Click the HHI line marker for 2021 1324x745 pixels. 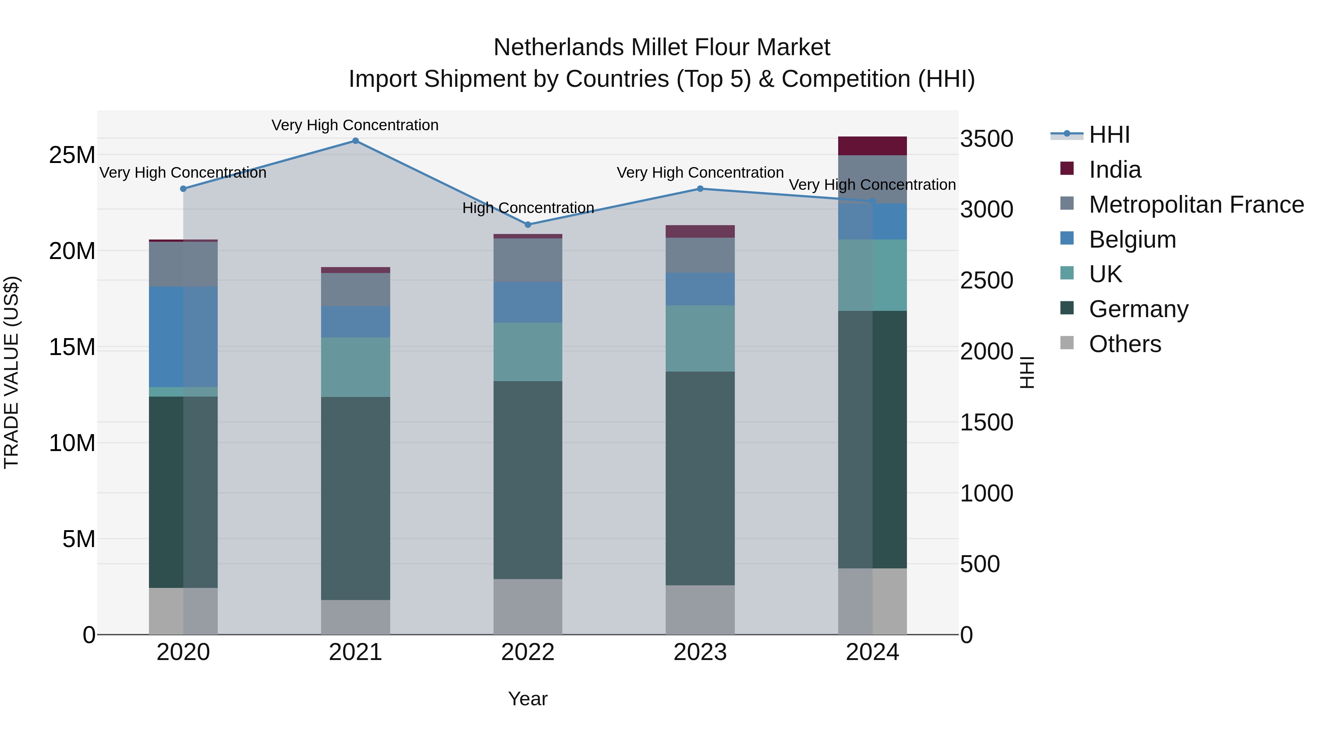click(355, 141)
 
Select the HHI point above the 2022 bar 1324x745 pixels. click(528, 225)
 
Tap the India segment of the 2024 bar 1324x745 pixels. click(872, 146)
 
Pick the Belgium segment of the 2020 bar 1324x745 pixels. click(183, 337)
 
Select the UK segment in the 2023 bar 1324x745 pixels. click(700, 338)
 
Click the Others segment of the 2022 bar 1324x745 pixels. click(528, 607)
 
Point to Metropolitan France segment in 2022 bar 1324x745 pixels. click(528, 260)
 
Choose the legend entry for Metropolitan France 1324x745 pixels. click(1196, 205)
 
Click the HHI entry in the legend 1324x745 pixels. click(1109, 135)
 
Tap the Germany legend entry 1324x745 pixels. click(1138, 309)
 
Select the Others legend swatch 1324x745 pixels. click(1067, 343)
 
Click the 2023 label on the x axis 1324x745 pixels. click(700, 652)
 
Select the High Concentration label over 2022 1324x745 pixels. click(528, 208)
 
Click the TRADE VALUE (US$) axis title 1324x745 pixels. click(11, 372)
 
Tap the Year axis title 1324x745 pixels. click(528, 699)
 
